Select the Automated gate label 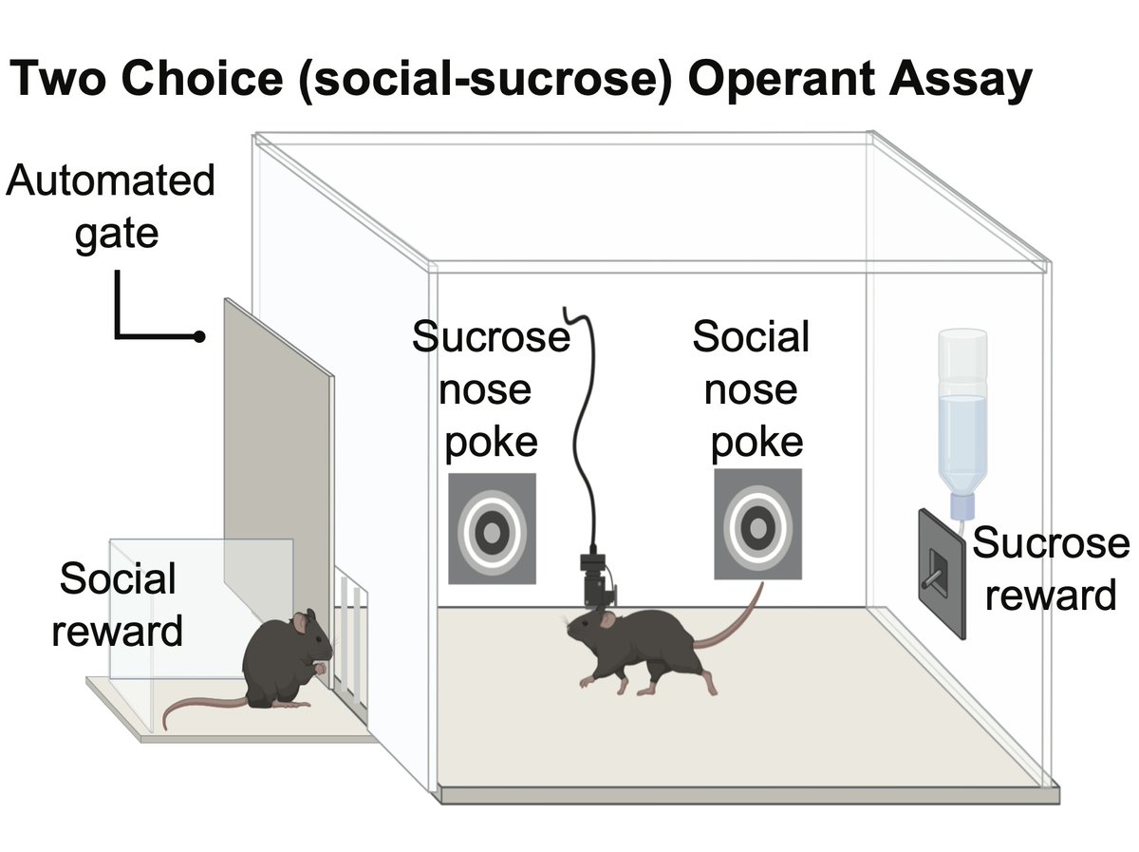[110, 206]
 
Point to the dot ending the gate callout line [198, 337]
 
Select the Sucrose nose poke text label [491, 389]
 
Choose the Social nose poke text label [751, 389]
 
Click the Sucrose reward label [1050, 570]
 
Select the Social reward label [117, 605]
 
